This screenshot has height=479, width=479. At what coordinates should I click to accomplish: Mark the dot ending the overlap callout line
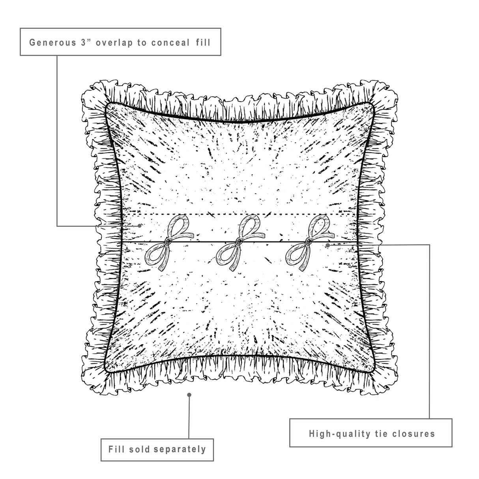coord(140,226)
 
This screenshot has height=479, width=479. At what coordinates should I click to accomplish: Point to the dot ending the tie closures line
coord(328,245)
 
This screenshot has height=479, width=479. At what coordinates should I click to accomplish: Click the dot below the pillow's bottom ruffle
coord(189,394)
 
